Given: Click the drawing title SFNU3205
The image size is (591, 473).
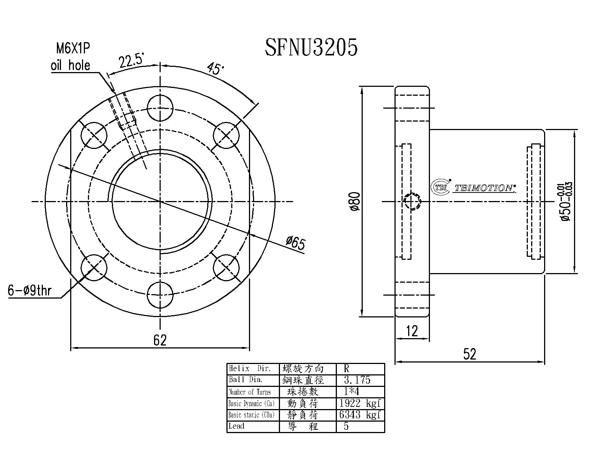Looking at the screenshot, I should click(x=311, y=48).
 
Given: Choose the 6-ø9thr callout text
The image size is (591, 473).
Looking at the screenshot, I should click(x=30, y=291).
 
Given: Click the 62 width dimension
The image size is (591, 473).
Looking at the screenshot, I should click(x=160, y=340).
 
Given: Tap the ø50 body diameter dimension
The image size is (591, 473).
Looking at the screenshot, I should click(x=566, y=202).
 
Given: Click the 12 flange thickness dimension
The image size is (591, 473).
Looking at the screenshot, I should click(x=411, y=331).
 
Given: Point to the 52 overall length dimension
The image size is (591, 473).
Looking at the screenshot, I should click(x=470, y=354).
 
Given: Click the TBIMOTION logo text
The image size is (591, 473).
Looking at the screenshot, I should click(x=484, y=188).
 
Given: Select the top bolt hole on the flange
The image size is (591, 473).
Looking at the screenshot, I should click(x=160, y=108).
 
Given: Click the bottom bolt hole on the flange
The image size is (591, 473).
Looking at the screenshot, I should click(x=160, y=295).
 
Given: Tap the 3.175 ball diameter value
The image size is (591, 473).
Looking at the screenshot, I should click(x=357, y=380).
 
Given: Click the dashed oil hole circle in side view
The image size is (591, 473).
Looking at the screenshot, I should click(x=412, y=202).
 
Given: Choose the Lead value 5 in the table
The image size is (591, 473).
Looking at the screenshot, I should click(x=346, y=426).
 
